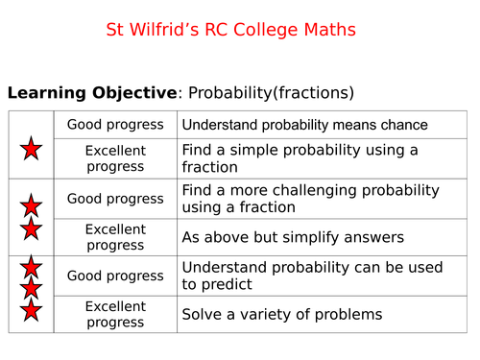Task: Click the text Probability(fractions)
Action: point(271,93)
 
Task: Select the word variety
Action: point(268,314)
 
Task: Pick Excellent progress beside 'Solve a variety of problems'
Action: point(115,314)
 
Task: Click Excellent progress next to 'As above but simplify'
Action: point(115,237)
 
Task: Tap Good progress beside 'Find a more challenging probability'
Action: point(115,199)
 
